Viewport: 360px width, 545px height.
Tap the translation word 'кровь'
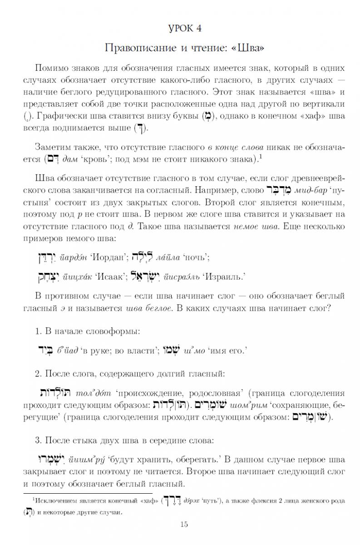[x=98, y=159]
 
